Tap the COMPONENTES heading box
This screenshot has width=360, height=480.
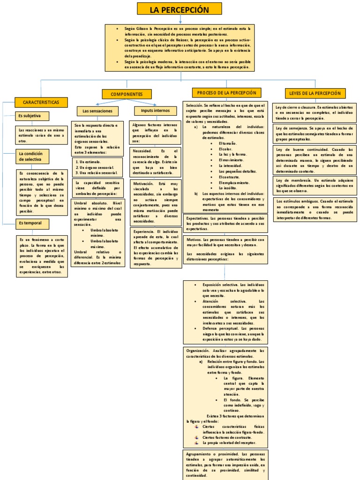click(127, 94)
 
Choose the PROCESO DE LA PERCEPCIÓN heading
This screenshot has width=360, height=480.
click(226, 93)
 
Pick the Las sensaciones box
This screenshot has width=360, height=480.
click(97, 111)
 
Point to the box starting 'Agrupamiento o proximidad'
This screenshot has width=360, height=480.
click(225, 465)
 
